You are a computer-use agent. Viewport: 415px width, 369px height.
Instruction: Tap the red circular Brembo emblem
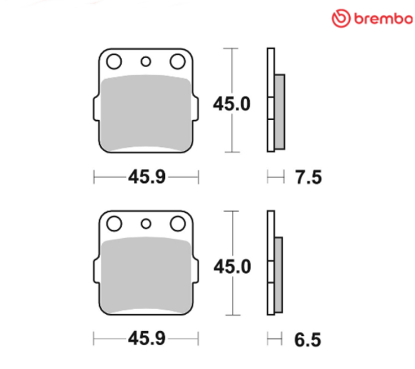pos(341,18)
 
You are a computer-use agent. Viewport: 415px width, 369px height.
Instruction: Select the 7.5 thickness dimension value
pos(308,177)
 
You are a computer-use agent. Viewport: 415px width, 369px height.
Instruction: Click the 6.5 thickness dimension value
pos(308,340)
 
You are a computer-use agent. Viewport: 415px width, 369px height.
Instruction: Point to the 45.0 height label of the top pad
pos(232,104)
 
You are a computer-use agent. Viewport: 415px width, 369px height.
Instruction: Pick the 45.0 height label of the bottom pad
pos(232,266)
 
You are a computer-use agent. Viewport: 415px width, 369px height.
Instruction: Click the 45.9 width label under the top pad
pos(147,177)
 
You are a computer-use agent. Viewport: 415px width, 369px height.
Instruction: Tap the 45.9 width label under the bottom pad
pos(147,338)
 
